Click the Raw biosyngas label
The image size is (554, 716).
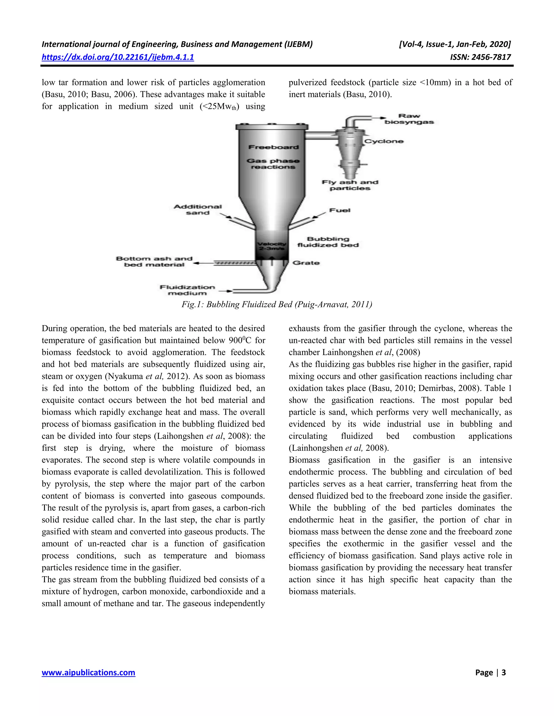(x=409, y=119)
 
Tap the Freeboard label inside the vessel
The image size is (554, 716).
(x=273, y=147)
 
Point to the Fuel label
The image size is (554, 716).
(x=340, y=210)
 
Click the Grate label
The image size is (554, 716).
(x=306, y=263)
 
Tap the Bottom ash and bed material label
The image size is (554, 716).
(x=154, y=262)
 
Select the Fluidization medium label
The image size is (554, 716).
(x=187, y=290)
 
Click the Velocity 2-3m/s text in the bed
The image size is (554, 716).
(x=271, y=246)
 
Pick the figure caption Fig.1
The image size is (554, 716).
(x=277, y=305)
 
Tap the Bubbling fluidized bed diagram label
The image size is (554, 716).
(x=328, y=242)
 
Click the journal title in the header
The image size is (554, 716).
(x=177, y=44)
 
